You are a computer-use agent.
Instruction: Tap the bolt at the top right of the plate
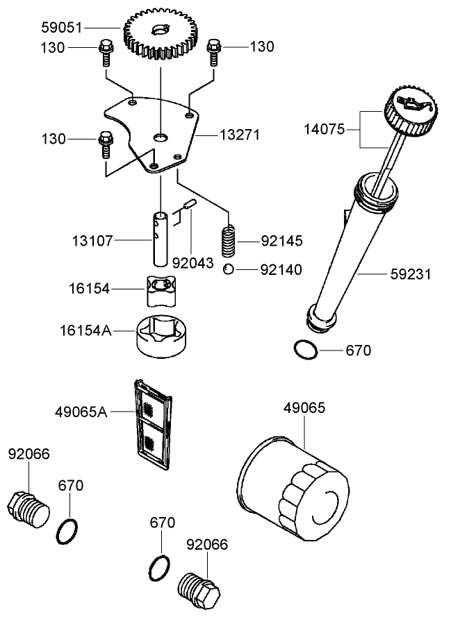(x=213, y=51)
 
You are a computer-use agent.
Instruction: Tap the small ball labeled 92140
(x=229, y=269)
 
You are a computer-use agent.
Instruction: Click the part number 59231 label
(x=410, y=274)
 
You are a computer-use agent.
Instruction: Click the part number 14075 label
(x=325, y=129)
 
